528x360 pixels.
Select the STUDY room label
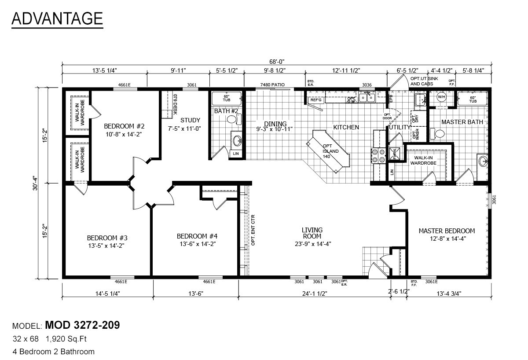coord(190,120)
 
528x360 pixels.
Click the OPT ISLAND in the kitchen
coord(331,151)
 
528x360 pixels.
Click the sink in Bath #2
coord(237,141)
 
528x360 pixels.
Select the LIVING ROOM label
coord(312,233)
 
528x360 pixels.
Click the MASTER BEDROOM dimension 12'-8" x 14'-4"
coord(446,239)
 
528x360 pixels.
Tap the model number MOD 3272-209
coord(82,326)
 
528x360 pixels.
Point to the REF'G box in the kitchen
coord(316,100)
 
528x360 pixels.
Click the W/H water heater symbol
coord(441,97)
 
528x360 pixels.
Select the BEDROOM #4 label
coord(197,236)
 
